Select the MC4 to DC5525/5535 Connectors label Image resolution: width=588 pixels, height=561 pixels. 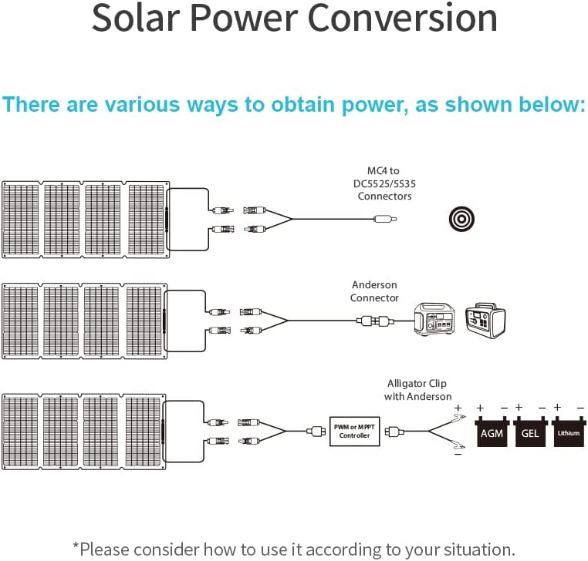point(384,183)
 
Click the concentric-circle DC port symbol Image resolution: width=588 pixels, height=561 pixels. point(461,219)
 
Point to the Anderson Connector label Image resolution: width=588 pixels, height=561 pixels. point(374,291)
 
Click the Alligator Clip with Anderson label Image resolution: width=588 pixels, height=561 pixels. point(417,389)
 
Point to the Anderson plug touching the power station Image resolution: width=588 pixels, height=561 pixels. point(387,320)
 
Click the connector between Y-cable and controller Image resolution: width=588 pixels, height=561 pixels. point(316,432)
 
